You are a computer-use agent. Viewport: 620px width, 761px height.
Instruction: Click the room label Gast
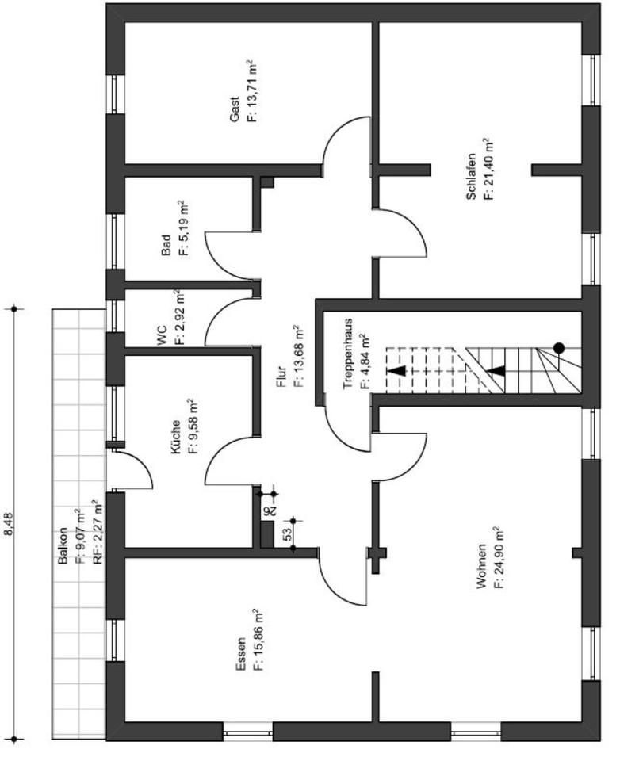[x=235, y=115]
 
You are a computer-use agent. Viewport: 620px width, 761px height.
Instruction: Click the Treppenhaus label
[x=348, y=353]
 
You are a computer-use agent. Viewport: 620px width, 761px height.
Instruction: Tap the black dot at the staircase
[x=559, y=347]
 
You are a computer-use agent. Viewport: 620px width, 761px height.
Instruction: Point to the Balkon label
[x=63, y=546]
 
